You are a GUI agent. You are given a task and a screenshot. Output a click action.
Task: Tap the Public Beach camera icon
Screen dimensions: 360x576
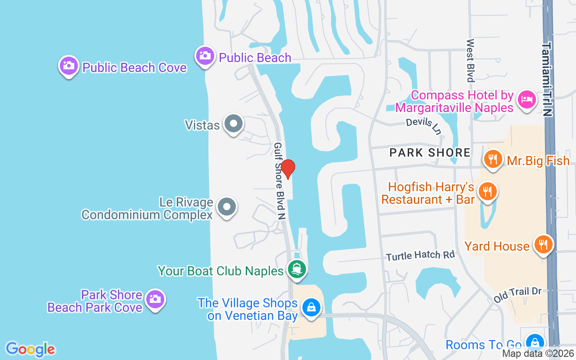pyautogui.click(x=205, y=56)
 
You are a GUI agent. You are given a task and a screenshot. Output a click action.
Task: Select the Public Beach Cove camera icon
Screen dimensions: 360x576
pyautogui.click(x=68, y=66)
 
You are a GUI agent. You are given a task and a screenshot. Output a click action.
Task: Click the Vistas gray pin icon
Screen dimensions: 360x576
pyautogui.click(x=234, y=123)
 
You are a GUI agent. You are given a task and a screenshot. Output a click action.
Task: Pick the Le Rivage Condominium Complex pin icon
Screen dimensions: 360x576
pyautogui.click(x=227, y=207)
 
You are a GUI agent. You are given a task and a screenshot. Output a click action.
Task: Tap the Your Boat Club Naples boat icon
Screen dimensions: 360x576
pyautogui.click(x=297, y=269)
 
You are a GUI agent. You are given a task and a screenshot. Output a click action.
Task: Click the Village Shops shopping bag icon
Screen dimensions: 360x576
pyautogui.click(x=310, y=308)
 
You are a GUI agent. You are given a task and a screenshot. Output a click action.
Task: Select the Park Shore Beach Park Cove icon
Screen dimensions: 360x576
pyautogui.click(x=155, y=299)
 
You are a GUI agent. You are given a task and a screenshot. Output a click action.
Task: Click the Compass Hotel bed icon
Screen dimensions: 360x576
pyautogui.click(x=526, y=99)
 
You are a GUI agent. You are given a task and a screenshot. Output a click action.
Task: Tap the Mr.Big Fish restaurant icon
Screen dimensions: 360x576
pyautogui.click(x=493, y=159)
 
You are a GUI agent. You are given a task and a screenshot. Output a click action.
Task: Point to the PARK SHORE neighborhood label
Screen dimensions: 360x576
pyautogui.click(x=430, y=153)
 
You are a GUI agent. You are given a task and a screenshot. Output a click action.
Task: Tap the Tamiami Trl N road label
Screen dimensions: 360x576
pyautogui.click(x=547, y=79)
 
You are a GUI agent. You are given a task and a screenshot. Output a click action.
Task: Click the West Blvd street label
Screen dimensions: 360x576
pyautogui.click(x=470, y=60)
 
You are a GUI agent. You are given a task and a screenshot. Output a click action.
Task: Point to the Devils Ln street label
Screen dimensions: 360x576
pyautogui.click(x=423, y=125)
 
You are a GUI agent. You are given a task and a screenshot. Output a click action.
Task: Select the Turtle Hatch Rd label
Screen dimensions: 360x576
pyautogui.click(x=420, y=255)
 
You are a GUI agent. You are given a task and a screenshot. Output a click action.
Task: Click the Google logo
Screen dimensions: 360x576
pyautogui.click(x=30, y=349)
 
